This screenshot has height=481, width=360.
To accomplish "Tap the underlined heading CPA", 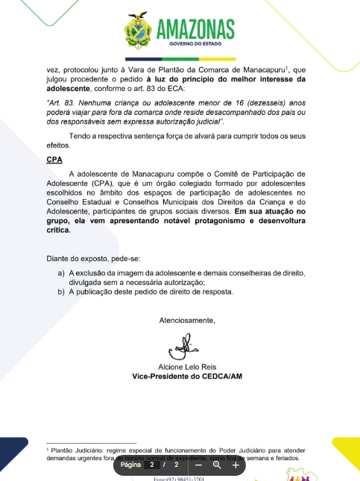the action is click(x=54, y=160).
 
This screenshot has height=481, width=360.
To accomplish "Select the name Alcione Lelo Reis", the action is click(x=186, y=367).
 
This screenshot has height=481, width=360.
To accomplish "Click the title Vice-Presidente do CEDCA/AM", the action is click(x=187, y=377).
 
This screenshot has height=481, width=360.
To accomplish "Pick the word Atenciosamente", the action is click(x=187, y=321).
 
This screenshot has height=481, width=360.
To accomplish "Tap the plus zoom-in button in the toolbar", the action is click(x=236, y=465).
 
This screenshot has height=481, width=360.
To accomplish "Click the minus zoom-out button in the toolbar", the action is click(x=199, y=465).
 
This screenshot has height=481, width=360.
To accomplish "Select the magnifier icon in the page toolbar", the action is click(x=217, y=465).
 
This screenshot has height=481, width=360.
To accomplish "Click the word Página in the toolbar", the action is click(x=131, y=465).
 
